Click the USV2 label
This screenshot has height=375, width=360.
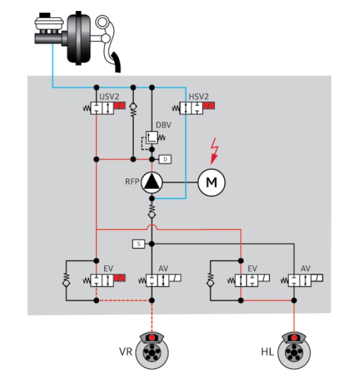[109, 97]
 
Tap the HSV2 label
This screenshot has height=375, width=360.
[199, 96]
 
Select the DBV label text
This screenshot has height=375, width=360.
[164, 125]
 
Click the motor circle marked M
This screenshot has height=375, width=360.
[211, 182]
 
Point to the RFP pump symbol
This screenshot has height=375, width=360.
[152, 182]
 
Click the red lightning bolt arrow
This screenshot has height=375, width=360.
[214, 151]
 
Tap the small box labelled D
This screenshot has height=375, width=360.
[165, 159]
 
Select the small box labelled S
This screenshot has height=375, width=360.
[139, 244]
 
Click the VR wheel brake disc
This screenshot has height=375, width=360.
[152, 352]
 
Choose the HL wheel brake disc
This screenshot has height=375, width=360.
[294, 352]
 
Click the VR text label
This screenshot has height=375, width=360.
[126, 352]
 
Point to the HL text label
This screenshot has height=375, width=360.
[267, 352]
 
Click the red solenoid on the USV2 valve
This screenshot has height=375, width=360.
[120, 105]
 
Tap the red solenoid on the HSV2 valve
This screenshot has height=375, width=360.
[209, 105]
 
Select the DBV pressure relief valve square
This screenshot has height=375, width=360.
[152, 138]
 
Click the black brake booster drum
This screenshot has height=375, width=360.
[79, 38]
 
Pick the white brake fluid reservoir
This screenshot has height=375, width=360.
[49, 23]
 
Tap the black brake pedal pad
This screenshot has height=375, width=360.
[117, 62]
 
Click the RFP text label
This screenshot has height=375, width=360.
[132, 182]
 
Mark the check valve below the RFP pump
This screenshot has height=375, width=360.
[152, 212]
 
